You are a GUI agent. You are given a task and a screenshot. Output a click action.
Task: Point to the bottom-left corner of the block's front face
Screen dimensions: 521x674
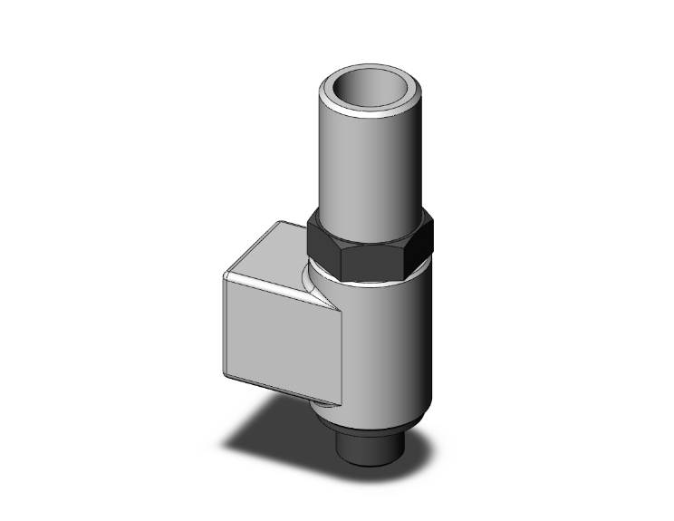click(x=224, y=371)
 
